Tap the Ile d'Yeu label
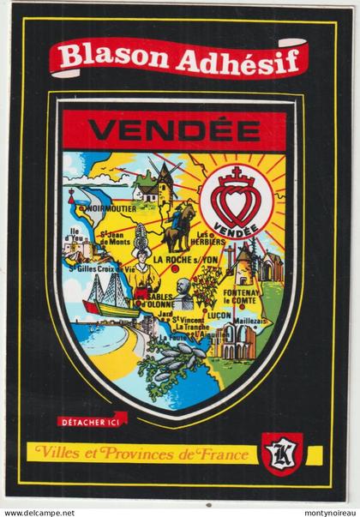click(81, 236)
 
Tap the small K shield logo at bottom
click(280, 451)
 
